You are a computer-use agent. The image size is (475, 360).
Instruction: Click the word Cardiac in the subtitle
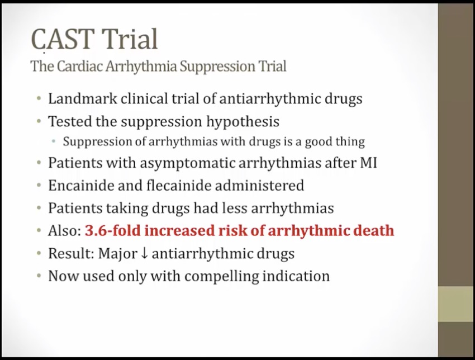click(80, 66)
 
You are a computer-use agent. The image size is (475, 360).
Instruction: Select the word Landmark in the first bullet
click(82, 98)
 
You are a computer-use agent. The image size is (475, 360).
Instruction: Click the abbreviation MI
click(368, 163)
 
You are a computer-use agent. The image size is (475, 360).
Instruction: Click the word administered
click(259, 185)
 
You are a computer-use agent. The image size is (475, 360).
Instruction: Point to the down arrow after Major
click(145, 253)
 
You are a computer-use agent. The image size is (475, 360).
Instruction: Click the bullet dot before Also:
click(39, 231)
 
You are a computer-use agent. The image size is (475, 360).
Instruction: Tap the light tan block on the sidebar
click(457, 304)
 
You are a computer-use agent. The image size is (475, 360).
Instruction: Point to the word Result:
click(72, 253)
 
